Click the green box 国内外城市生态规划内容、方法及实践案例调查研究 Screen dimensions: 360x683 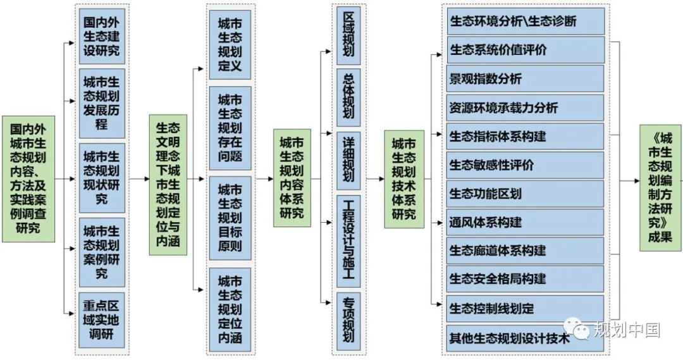click(28, 179)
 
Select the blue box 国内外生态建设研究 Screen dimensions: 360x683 click(101, 35)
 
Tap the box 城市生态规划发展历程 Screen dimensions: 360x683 click(101, 103)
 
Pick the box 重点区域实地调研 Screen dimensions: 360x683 click(101, 319)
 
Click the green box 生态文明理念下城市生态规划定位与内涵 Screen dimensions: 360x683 click(168, 185)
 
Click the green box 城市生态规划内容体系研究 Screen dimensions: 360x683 click(292, 178)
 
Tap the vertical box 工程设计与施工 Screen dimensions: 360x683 click(348, 241)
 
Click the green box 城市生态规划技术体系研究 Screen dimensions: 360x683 click(404, 179)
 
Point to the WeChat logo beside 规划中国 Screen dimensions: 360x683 click(577, 329)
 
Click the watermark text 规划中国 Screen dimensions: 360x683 click(627, 330)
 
